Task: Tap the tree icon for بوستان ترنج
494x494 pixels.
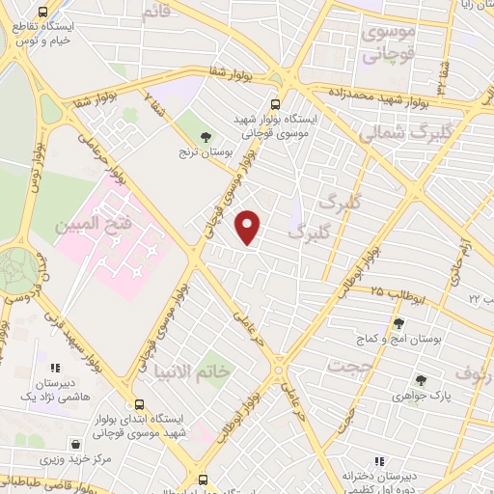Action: [205, 137]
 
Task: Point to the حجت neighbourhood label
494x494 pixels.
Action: [348, 367]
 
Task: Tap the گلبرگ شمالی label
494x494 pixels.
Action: [393, 133]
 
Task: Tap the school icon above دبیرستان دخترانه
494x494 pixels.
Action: [379, 460]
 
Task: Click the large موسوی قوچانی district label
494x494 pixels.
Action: [389, 43]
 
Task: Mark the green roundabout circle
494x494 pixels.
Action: [16, 265]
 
